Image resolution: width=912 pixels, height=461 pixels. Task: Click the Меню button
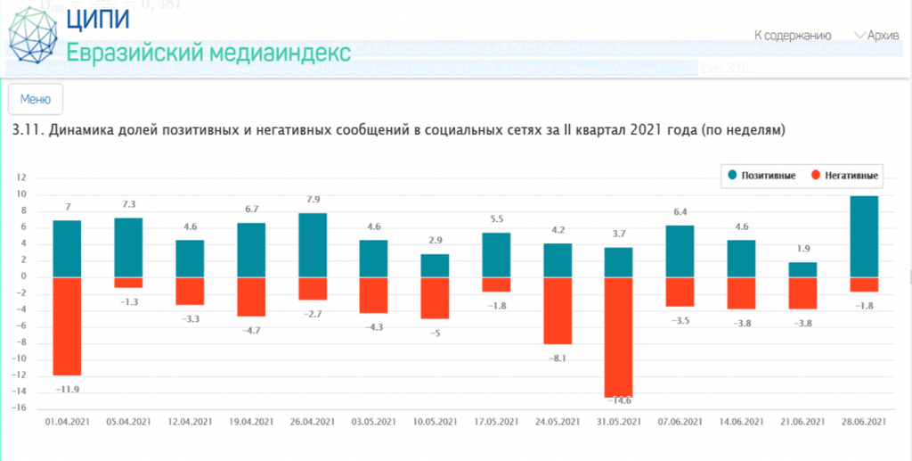click(36, 99)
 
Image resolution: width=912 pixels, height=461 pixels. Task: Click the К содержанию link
click(792, 36)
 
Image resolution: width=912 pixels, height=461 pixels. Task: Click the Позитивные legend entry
click(762, 176)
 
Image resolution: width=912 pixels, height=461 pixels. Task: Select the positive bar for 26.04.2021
click(313, 244)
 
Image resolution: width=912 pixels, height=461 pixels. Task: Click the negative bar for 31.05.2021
click(620, 337)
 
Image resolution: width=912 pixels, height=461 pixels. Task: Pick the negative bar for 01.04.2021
click(67, 325)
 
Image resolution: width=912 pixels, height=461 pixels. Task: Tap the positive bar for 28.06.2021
click(865, 236)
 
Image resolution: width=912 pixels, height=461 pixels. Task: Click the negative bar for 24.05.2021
click(558, 310)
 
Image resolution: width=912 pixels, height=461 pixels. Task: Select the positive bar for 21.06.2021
click(803, 269)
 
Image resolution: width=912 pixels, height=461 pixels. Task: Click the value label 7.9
click(313, 200)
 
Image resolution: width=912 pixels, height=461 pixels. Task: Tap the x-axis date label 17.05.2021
click(497, 422)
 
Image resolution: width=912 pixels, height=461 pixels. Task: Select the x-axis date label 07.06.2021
click(681, 422)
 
